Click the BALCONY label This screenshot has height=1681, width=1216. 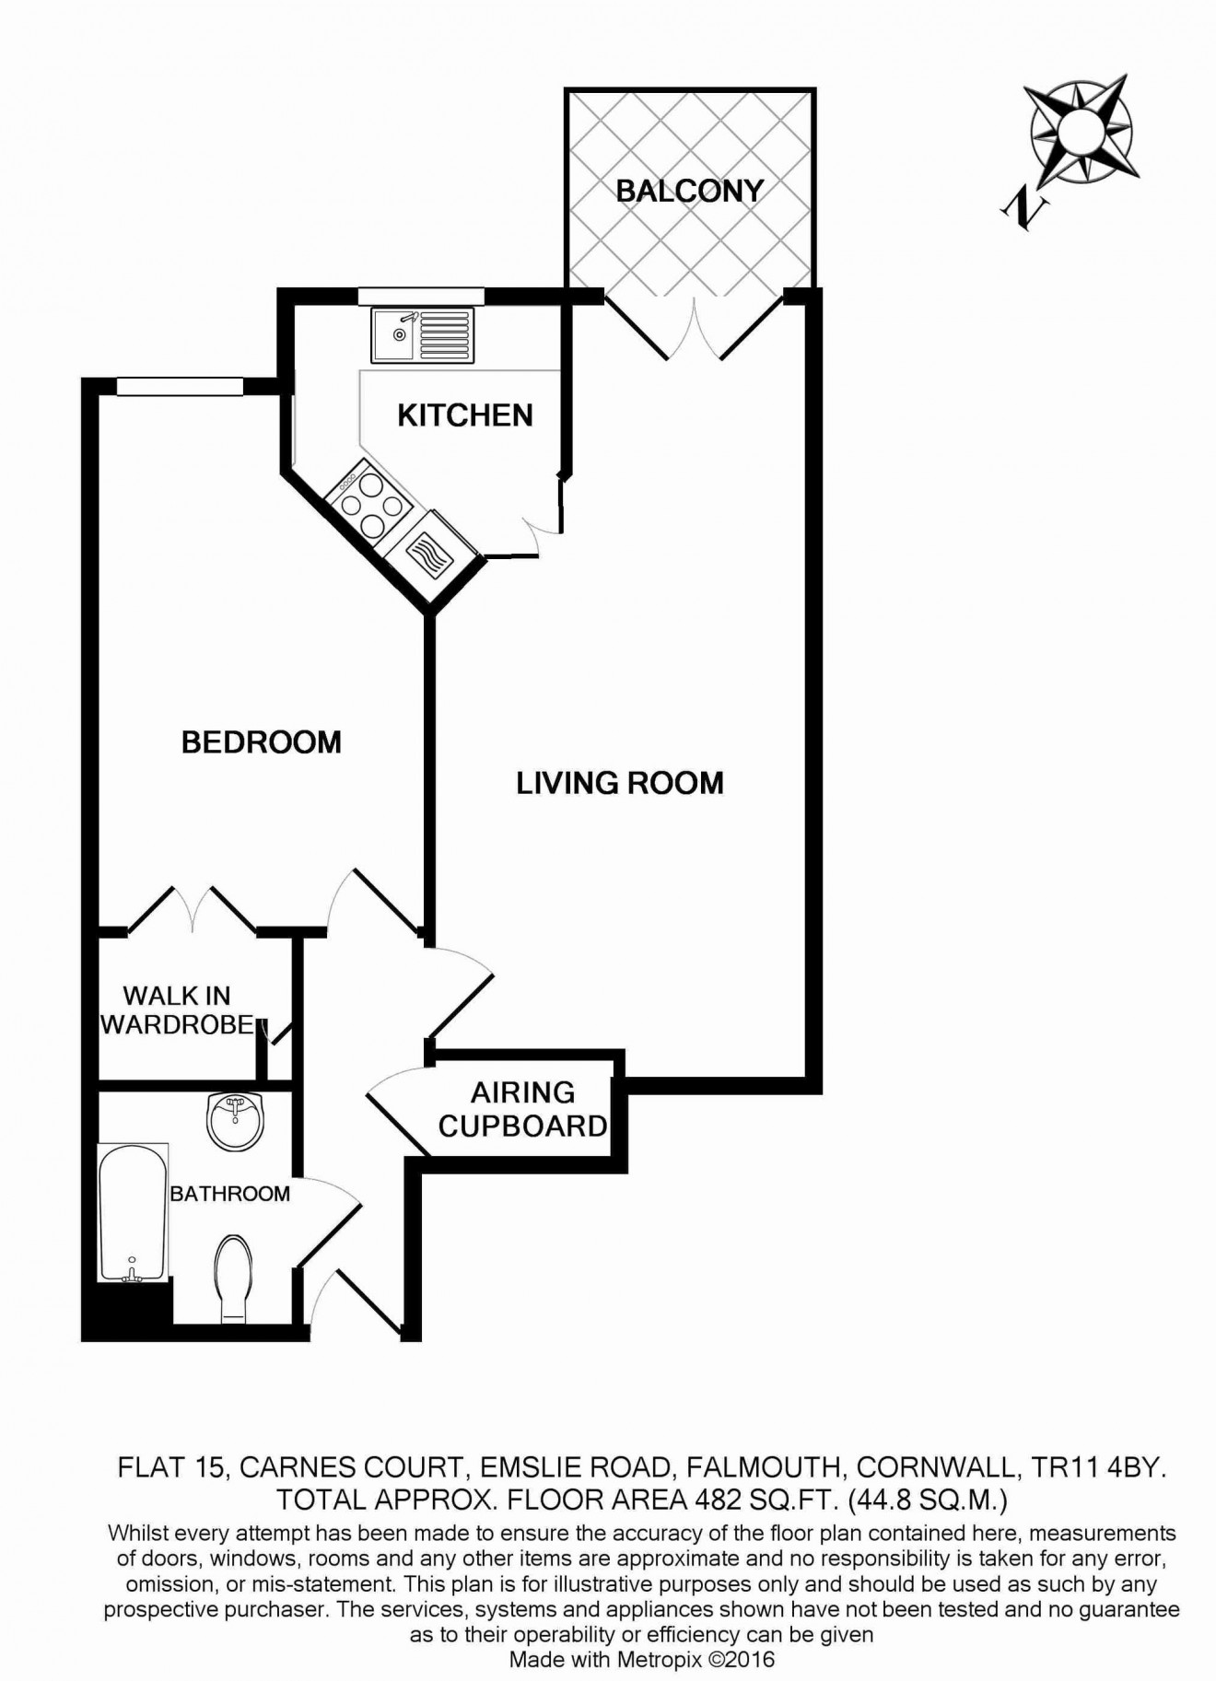[x=689, y=191]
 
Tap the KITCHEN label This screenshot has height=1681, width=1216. [x=465, y=415]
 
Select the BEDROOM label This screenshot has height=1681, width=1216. [x=261, y=741]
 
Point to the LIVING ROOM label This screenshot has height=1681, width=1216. [x=619, y=783]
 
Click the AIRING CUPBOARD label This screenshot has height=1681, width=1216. [x=522, y=1109]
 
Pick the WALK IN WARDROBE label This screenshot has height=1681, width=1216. [x=177, y=1010]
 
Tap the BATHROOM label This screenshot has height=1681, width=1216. [x=229, y=1194]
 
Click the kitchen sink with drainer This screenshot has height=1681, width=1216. [x=423, y=334]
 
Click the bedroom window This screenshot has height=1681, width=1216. [x=180, y=386]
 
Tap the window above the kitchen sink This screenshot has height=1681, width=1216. [x=421, y=295]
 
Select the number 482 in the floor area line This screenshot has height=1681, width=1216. [x=719, y=1500]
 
